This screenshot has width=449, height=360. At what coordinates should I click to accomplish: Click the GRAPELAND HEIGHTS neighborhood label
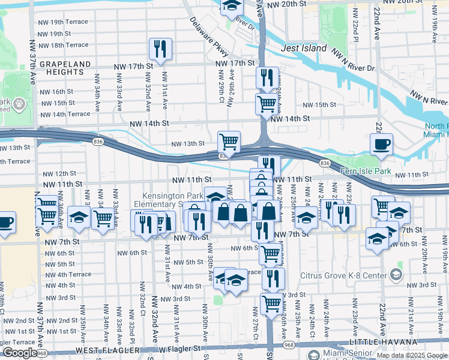point(64,69)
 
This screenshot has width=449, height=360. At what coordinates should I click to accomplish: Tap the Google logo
point(19,353)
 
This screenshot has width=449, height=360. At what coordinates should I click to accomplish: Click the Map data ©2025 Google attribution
point(411,355)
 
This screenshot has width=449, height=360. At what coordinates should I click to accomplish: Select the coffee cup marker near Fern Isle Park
point(381,144)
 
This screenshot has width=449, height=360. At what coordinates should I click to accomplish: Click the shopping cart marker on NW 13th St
point(229,142)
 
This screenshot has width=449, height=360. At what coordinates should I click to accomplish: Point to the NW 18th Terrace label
point(64,45)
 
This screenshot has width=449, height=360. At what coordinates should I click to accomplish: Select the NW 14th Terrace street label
point(65,114)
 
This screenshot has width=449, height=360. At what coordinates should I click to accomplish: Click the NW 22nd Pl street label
point(356,28)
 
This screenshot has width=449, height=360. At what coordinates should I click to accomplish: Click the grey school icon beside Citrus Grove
point(396,275)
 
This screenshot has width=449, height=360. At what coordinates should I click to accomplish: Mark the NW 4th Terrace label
point(67,274)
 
